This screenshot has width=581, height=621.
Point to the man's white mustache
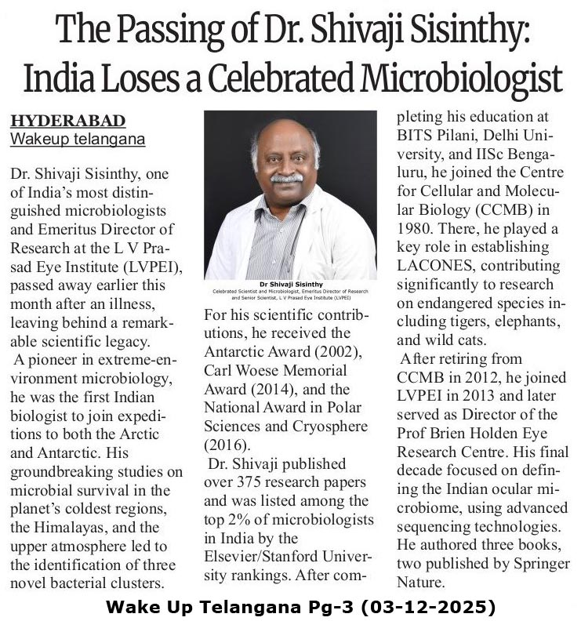[x=286, y=178]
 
